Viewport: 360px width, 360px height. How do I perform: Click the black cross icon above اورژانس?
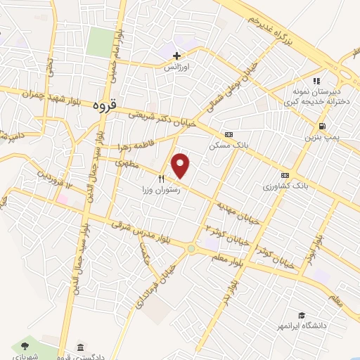point(176,56)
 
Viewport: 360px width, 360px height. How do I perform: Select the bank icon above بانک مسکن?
point(229,134)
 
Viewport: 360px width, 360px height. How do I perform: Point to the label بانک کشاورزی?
point(285,186)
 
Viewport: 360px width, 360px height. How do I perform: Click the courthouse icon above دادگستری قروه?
point(82,348)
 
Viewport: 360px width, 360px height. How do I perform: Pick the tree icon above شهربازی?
point(25,345)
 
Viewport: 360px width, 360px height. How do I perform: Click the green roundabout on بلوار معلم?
point(191,248)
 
